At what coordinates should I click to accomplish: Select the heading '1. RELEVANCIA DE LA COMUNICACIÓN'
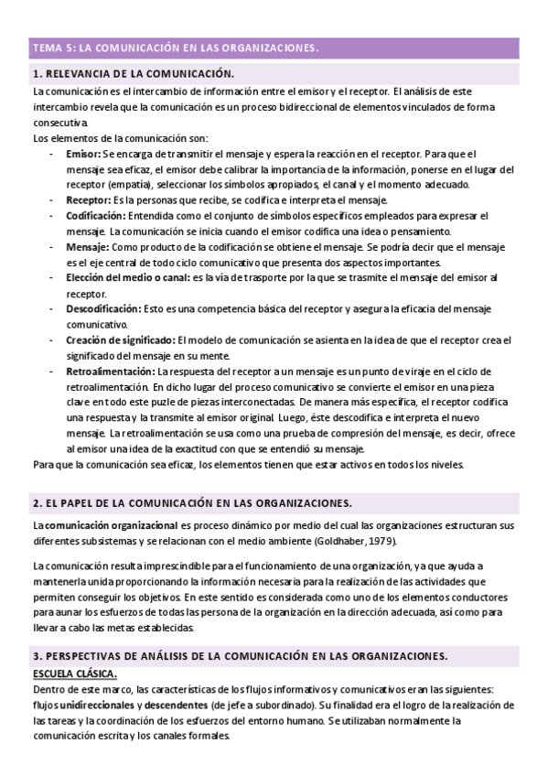coord(133,74)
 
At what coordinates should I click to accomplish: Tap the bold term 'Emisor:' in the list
coord(83,154)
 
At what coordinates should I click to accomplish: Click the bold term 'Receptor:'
coord(88,199)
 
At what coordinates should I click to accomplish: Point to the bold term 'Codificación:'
coord(96,216)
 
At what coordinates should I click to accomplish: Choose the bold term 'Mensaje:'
coord(88,247)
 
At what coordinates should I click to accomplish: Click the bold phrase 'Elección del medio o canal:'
coord(127,278)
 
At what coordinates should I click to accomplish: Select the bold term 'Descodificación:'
coord(103,309)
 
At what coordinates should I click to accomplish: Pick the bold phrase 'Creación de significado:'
coord(120,340)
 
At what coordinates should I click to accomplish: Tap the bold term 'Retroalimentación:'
coord(110,372)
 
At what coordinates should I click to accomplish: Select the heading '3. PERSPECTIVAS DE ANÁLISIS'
coord(240,656)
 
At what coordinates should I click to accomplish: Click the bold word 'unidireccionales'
coord(96,706)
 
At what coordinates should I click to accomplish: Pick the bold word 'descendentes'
coord(173,706)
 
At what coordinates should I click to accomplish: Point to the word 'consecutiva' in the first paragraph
coord(60,123)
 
